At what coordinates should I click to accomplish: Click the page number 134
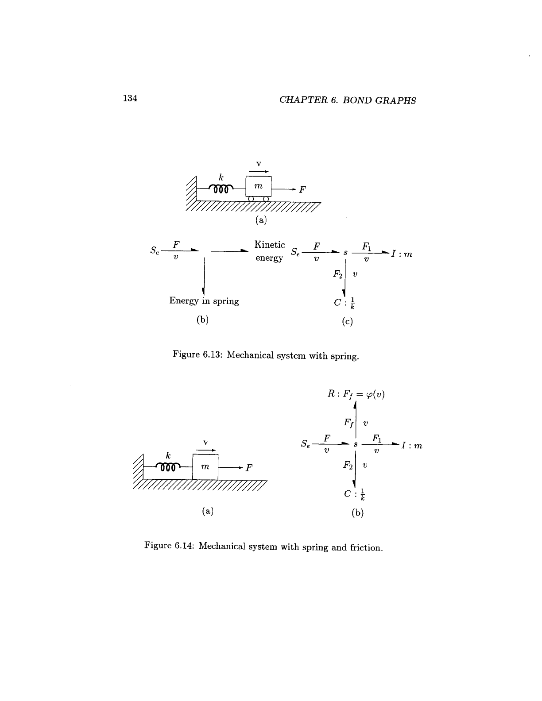click(x=130, y=98)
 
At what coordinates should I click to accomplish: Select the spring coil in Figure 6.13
click(x=221, y=189)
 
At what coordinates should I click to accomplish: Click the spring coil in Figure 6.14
click(x=168, y=467)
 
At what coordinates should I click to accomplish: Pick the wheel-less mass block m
click(x=205, y=467)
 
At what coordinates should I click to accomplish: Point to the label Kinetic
click(x=270, y=245)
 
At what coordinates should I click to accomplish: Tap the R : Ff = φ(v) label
click(x=356, y=394)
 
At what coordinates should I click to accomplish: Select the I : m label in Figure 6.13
click(x=402, y=254)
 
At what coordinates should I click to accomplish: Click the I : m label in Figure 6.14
click(x=412, y=446)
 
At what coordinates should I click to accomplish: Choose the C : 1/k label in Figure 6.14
click(x=354, y=494)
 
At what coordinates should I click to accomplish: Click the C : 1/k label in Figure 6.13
click(x=345, y=303)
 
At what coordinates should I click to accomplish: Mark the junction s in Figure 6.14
click(x=356, y=444)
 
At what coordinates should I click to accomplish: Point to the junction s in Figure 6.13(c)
click(x=345, y=253)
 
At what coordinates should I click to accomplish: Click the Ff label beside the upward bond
click(x=348, y=423)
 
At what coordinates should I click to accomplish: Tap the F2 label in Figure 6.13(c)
click(x=338, y=274)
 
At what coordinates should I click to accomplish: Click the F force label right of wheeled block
click(x=302, y=190)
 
